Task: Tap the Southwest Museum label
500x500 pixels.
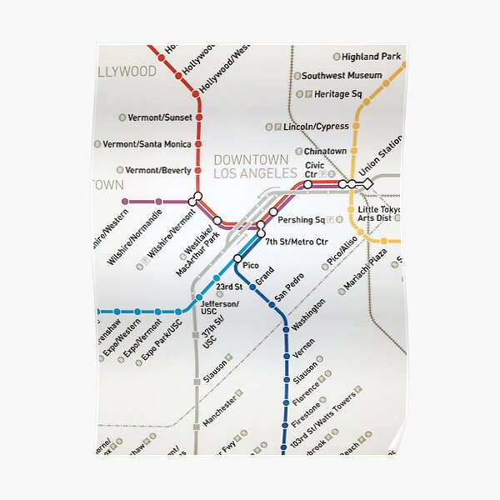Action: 342,76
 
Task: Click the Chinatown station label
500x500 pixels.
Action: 325,152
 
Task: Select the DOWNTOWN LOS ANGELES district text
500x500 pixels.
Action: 255,167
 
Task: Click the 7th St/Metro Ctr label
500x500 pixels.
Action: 297,242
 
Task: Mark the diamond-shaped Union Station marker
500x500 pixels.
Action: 367,183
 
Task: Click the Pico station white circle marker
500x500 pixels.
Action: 237,259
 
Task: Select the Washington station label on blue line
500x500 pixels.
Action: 309,314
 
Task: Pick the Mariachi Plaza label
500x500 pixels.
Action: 365,268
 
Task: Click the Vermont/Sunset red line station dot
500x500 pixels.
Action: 198,117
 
